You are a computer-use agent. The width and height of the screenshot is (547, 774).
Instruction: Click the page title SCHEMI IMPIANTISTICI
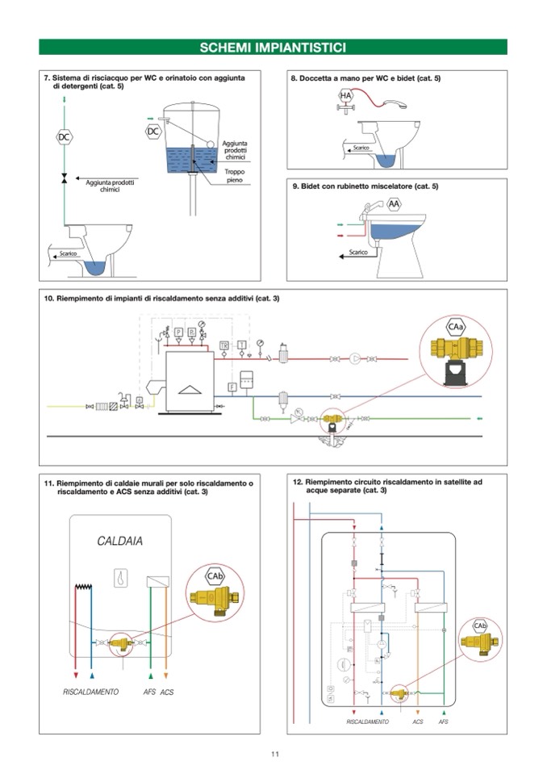(273, 47)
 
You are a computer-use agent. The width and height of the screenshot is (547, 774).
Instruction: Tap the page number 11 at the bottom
(274, 754)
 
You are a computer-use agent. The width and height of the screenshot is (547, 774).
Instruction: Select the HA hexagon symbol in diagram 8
(345, 96)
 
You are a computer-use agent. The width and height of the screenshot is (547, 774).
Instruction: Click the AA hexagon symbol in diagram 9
(394, 203)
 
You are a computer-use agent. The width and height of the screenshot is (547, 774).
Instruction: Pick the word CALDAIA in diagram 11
(120, 541)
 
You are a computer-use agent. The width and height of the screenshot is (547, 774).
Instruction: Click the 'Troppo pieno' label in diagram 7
(234, 177)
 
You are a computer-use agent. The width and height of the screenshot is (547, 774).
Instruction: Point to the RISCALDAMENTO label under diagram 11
(91, 692)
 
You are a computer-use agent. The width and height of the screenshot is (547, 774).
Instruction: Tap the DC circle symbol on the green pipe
(65, 137)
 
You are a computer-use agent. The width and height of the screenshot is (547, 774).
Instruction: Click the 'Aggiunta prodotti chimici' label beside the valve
(109, 186)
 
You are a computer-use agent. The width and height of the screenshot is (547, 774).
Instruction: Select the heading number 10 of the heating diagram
(48, 299)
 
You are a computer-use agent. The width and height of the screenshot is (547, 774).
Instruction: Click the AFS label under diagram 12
(443, 722)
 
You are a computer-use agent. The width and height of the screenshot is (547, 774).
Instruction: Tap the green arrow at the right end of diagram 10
(482, 419)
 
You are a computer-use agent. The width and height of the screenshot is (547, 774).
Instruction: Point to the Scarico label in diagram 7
(68, 254)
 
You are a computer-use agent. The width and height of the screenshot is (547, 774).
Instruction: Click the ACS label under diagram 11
(167, 692)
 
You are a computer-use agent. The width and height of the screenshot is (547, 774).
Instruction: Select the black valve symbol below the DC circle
(65, 178)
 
